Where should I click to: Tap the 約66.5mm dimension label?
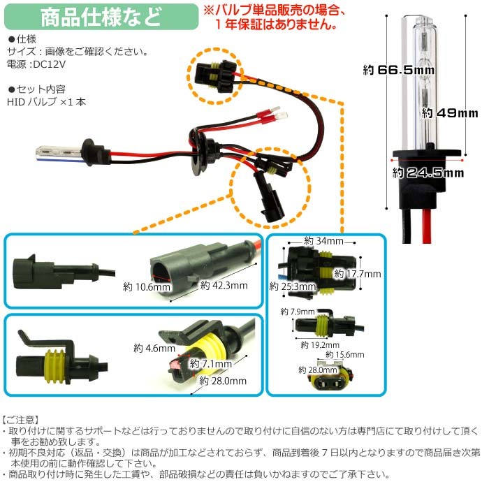pos(398,70)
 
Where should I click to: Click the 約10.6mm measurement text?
pos(147,286)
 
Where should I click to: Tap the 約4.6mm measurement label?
pos(152,346)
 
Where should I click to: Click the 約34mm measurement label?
pos(324,241)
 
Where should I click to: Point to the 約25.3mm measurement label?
pos(290,286)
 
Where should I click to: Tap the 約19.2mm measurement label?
pos(319,344)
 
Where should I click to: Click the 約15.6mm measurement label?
pos(346,355)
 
